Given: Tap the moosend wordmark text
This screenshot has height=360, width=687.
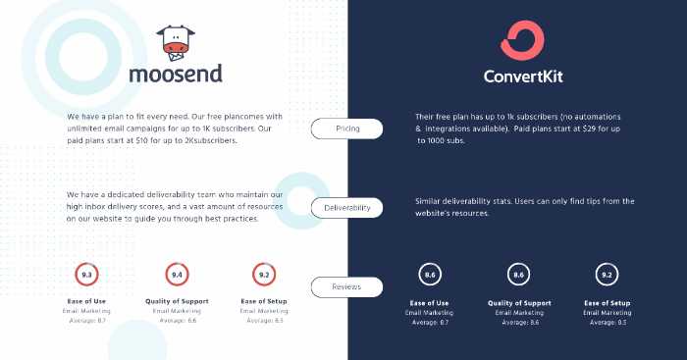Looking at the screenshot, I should pyautogui.click(x=175, y=74).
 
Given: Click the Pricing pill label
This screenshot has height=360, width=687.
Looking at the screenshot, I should pyautogui.click(x=346, y=129).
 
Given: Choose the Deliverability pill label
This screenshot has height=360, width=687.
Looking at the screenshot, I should pyautogui.click(x=346, y=208).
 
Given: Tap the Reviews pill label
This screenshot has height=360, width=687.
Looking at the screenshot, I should pyautogui.click(x=346, y=287).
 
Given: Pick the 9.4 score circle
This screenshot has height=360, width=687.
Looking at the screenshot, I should pyautogui.click(x=178, y=275).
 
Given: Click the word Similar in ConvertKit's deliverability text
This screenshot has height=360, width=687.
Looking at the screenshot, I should pyautogui.click(x=432, y=201).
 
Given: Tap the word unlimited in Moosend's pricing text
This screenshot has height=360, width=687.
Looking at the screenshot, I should pyautogui.click(x=87, y=129).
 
